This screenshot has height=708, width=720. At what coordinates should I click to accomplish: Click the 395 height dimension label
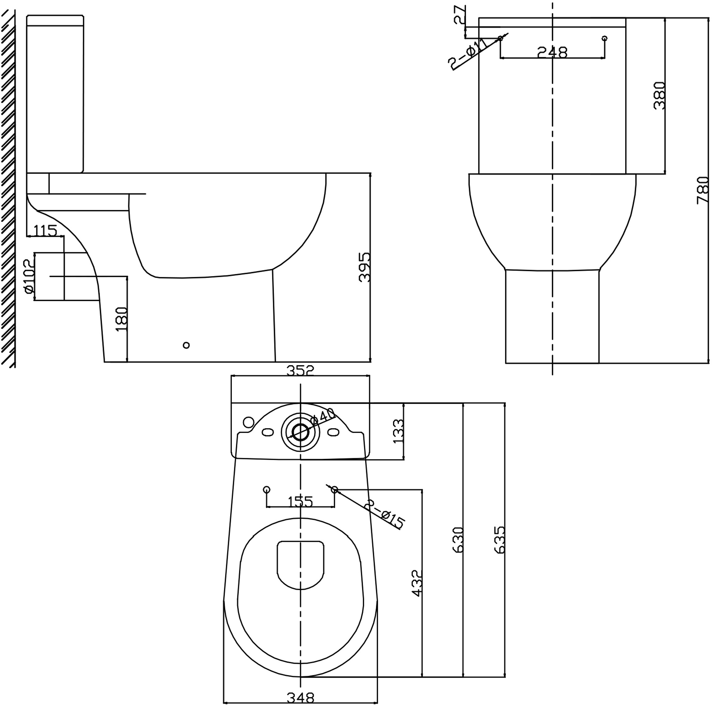click(x=365, y=267)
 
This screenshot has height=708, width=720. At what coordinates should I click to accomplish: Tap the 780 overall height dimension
click(x=702, y=190)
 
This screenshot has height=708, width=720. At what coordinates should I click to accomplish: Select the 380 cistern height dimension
click(x=659, y=95)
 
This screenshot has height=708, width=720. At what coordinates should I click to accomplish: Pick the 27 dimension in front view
click(x=460, y=15)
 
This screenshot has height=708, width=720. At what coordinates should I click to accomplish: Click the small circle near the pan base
click(x=186, y=345)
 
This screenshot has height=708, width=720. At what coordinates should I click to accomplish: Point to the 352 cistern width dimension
click(x=300, y=370)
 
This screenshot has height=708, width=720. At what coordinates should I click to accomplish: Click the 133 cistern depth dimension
click(x=397, y=431)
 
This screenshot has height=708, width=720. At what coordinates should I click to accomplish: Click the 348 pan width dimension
click(x=300, y=697)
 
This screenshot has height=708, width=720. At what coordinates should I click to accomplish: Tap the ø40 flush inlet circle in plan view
click(x=300, y=431)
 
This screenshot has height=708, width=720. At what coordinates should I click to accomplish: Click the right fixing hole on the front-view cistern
click(x=604, y=38)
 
